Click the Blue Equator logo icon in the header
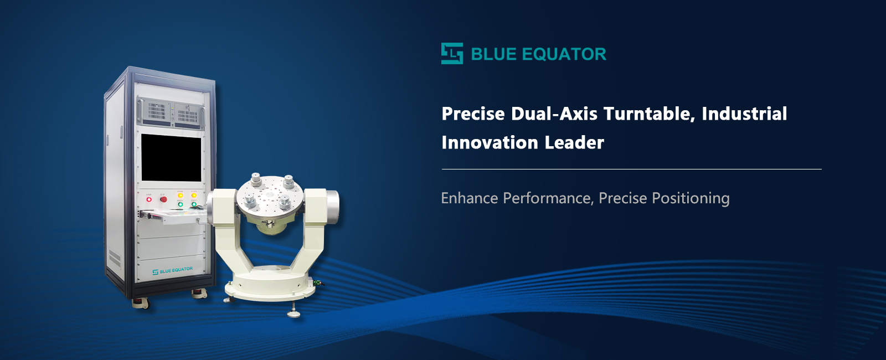point(452,54)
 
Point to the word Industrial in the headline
point(744,114)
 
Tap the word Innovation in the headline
point(490,142)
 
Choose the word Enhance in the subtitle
point(470,198)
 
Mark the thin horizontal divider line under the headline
point(631,169)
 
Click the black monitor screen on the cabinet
point(171,157)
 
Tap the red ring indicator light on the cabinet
point(149,199)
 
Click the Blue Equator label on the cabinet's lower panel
point(173,271)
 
